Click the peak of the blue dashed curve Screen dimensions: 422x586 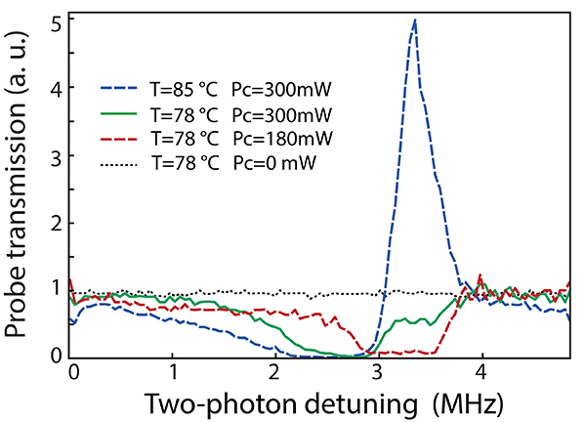point(415,21)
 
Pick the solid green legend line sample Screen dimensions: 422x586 point(122,116)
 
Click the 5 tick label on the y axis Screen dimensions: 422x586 point(57,21)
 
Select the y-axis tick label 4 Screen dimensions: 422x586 point(57,88)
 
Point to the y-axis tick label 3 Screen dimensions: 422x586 point(57,155)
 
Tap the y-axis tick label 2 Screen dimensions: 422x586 point(57,223)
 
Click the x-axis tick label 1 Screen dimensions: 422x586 point(173,372)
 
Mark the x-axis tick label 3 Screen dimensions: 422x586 point(377,372)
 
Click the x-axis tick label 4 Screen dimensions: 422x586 point(480,372)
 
